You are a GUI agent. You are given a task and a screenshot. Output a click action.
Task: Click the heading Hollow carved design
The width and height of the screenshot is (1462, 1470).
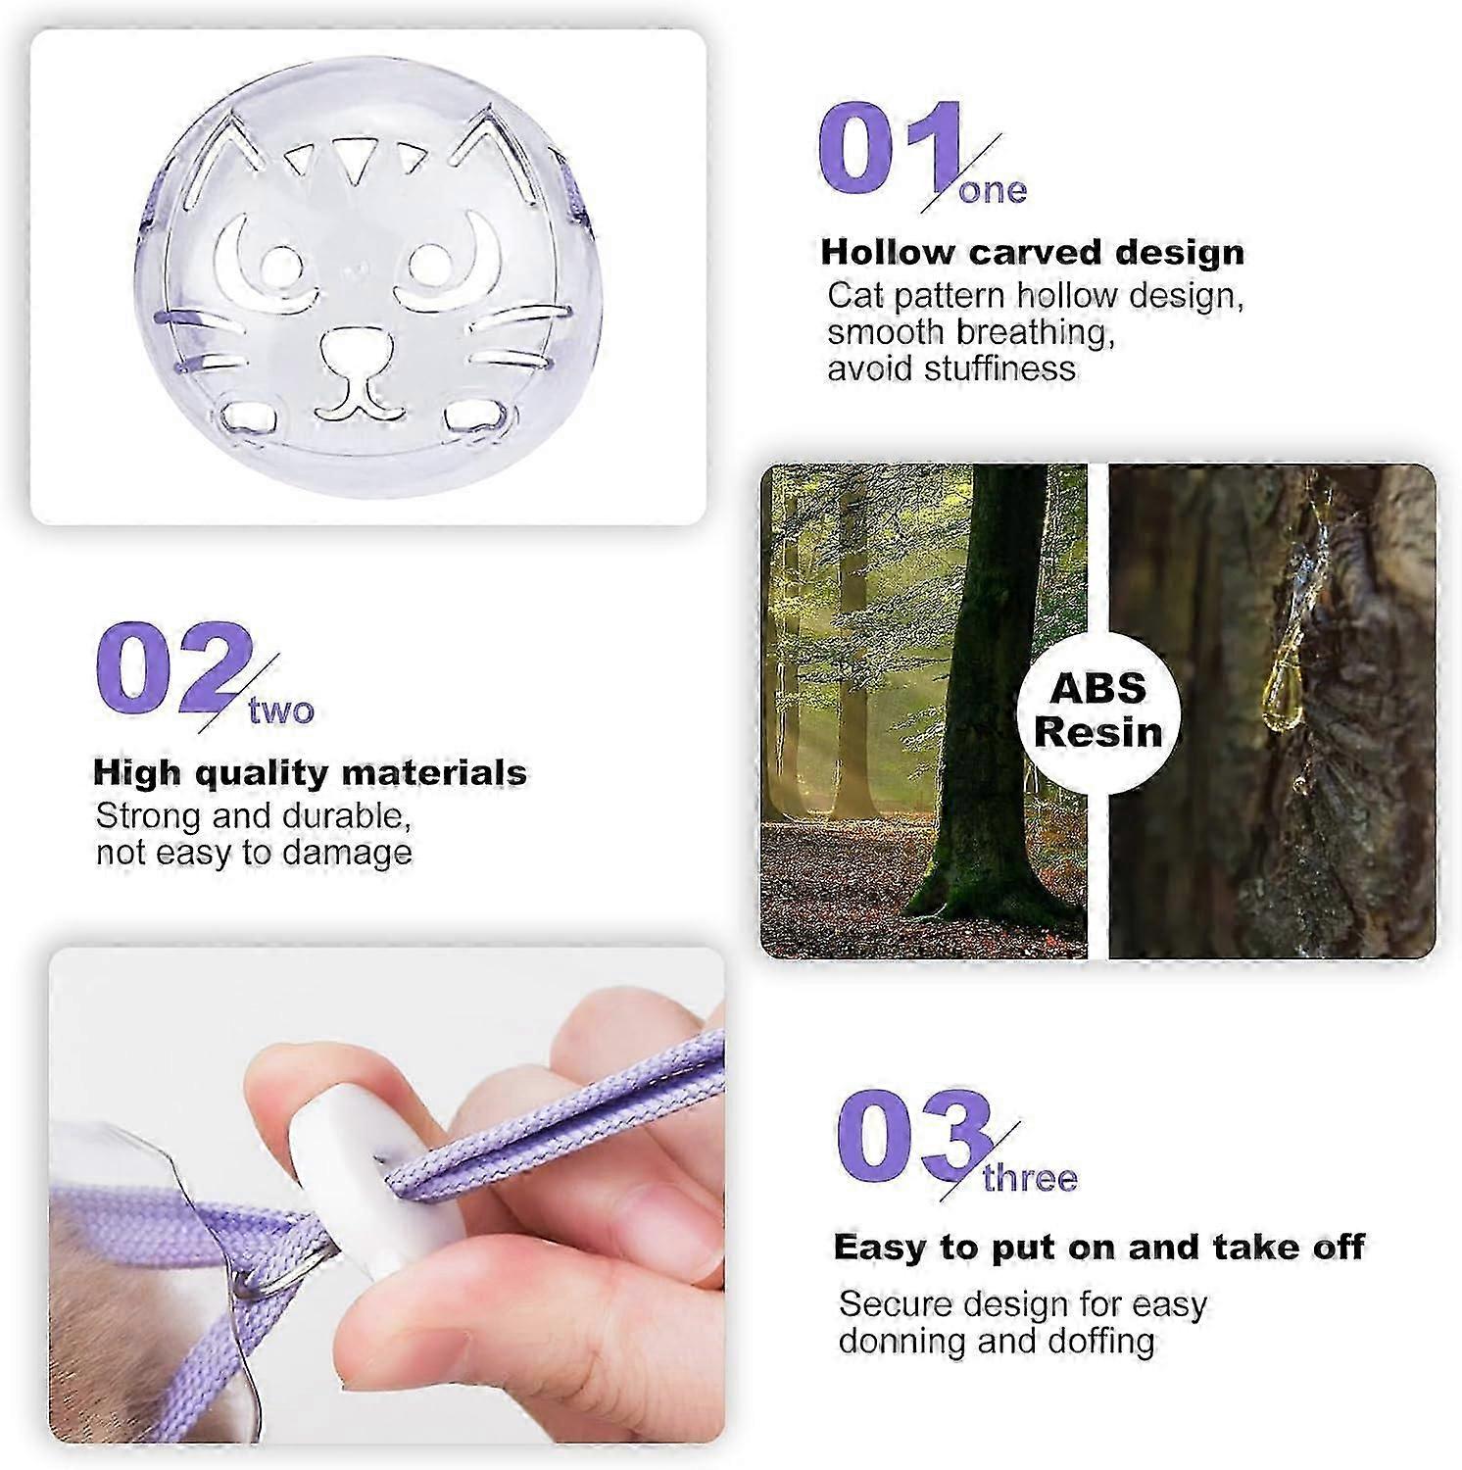[x=1033, y=253]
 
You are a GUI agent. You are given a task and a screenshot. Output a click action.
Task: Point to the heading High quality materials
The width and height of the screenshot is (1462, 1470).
[x=310, y=773]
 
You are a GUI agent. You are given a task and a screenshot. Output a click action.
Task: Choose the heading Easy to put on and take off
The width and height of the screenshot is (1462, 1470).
[x=1098, y=1248]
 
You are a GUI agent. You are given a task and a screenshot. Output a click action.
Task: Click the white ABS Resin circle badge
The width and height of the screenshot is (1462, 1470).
[x=1097, y=710]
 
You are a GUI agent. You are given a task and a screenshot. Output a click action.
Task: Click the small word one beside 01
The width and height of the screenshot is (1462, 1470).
[x=993, y=190]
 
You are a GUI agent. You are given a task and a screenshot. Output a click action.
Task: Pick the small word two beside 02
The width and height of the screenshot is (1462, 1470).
[x=281, y=710]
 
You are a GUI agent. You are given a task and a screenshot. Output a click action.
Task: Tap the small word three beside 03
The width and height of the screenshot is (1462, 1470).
[x=1030, y=1177]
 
